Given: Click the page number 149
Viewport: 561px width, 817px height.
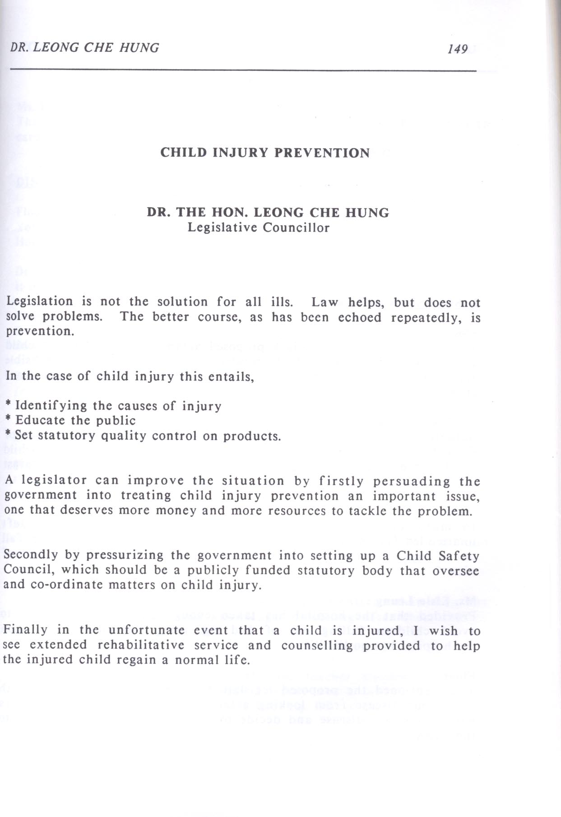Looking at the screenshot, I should (x=458, y=49).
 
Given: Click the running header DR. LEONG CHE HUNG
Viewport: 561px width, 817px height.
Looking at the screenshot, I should (x=84, y=47).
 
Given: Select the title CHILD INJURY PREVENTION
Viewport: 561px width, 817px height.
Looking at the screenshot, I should (x=265, y=153).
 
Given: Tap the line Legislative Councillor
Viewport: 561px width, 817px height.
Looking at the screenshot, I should (x=259, y=227).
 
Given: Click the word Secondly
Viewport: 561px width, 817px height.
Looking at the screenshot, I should (x=30, y=555).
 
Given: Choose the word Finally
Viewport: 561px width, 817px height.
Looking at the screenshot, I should (x=26, y=629).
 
